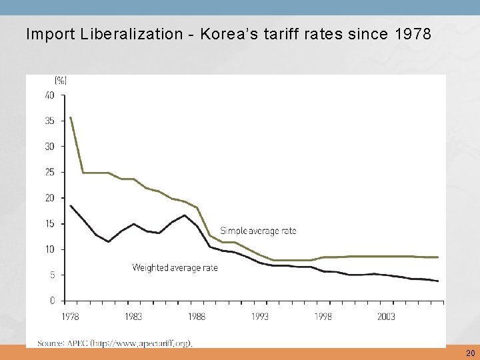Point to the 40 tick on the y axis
(x=50, y=95)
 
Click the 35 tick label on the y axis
(x=50, y=121)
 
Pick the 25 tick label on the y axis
(x=50, y=172)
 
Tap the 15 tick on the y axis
(x=50, y=223)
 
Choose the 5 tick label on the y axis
(x=52, y=275)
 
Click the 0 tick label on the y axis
(x=52, y=301)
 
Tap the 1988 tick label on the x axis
(x=196, y=317)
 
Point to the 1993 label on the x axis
(x=261, y=317)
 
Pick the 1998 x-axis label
(x=324, y=317)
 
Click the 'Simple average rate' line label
(x=258, y=231)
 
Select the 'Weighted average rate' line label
(x=175, y=268)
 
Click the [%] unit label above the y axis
(x=60, y=81)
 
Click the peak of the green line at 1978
(x=70, y=118)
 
